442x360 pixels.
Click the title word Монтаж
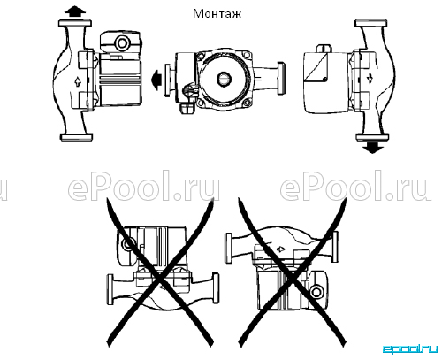[x=217, y=13]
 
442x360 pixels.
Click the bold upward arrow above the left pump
[x=75, y=11]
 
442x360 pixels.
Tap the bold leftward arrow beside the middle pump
[x=156, y=80]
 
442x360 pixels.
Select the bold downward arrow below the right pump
[x=373, y=148]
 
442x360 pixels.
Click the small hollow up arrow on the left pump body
[x=78, y=81]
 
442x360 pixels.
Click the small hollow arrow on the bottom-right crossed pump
[x=281, y=249]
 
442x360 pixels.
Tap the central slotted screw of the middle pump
[x=225, y=79]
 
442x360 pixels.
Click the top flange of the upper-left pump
[x=75, y=23]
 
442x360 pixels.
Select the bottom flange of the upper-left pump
[x=76, y=137]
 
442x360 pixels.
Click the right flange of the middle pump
[x=281, y=78]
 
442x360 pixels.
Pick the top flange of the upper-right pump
[x=371, y=23]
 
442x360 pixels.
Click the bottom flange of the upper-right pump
[x=372, y=137]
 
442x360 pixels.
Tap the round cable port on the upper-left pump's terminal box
[x=121, y=43]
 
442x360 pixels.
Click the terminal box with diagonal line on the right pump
[x=316, y=67]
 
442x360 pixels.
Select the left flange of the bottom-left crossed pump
[x=110, y=289]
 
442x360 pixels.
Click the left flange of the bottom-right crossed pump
[x=228, y=248]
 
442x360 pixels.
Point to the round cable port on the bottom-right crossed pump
[x=316, y=292]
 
